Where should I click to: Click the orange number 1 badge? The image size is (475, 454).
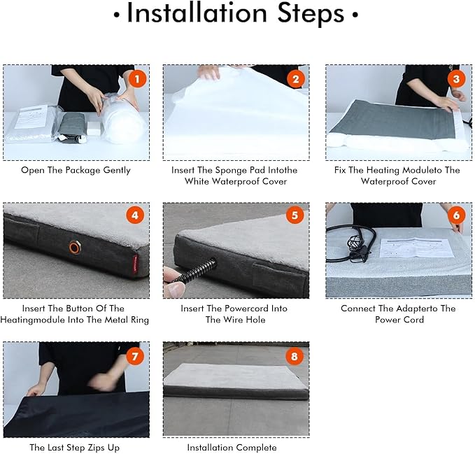[x=138, y=79]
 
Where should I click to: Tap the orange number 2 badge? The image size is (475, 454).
[x=296, y=79]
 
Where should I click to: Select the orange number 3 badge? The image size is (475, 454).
[x=456, y=79]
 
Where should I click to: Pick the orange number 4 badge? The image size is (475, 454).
[x=135, y=215]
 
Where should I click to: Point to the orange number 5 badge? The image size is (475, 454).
[x=295, y=215]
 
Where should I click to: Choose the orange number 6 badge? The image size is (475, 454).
[x=456, y=215]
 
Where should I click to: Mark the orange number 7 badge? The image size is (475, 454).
[x=135, y=356]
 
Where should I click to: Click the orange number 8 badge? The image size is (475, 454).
[x=295, y=356]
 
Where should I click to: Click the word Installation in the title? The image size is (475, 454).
[x=197, y=13]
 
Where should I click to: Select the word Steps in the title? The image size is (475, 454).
[x=311, y=14]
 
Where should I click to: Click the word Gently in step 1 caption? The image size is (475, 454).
[x=117, y=170]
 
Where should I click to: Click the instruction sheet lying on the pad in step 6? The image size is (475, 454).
[x=418, y=248]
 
